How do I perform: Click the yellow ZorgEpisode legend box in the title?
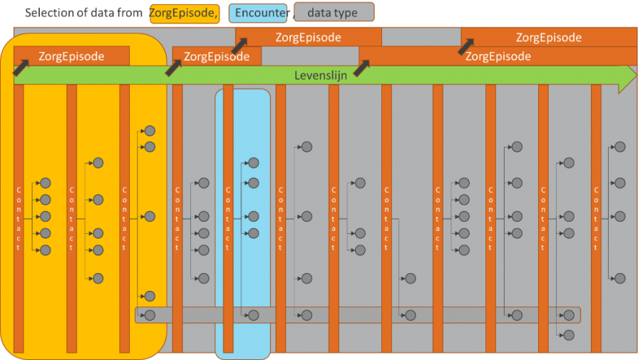tap(184, 13)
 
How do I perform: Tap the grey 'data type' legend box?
tap(334, 13)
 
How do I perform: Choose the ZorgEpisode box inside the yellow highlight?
tap(71, 56)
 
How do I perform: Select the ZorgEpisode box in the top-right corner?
tap(548, 38)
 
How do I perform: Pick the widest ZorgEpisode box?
tap(497, 56)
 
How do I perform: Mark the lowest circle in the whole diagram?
tap(568, 334)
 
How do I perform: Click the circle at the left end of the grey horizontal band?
tap(150, 315)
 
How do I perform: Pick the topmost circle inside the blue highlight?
tap(253, 163)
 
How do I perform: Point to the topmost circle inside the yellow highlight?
tap(150, 130)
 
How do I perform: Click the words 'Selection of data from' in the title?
tap(83, 14)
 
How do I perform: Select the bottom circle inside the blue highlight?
tap(253, 315)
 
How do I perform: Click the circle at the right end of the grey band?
tap(568, 315)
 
